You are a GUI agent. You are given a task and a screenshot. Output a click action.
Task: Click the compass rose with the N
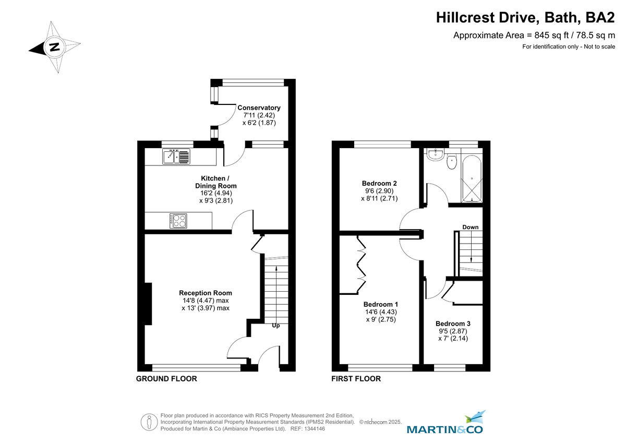click(54, 47)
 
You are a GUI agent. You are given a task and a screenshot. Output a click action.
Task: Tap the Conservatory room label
click(259, 108)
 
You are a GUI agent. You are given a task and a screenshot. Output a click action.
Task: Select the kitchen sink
click(176, 156)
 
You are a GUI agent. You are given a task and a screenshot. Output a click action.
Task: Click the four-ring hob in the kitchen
click(178, 221)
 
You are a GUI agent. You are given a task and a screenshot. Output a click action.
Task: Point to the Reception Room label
click(205, 293)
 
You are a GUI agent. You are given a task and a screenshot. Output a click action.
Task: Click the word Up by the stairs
click(276, 326)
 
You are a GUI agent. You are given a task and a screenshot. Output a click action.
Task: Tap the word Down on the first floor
click(470, 227)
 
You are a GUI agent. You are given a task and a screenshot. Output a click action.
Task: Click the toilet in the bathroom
click(452, 162)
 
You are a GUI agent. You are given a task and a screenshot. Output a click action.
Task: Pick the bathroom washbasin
click(434, 154)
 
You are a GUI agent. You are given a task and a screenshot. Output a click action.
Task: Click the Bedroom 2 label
click(379, 183)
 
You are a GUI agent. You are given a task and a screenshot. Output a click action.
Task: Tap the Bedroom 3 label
click(453, 323)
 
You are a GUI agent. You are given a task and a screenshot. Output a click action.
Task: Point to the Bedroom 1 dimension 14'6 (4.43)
click(381, 312)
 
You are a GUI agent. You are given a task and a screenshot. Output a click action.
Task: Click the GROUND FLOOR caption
click(166, 379)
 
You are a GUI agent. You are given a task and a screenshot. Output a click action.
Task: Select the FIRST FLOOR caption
click(356, 379)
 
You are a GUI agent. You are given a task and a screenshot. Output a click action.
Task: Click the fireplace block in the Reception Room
click(148, 303)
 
